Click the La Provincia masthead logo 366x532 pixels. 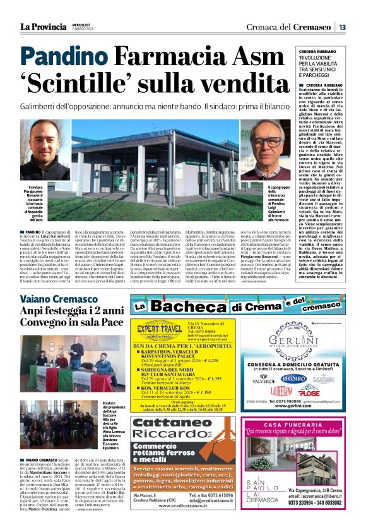pos(43,27)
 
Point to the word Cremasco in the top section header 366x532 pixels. pos(310,27)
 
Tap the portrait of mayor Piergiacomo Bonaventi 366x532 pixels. pos(45,148)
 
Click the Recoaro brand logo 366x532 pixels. pos(293,378)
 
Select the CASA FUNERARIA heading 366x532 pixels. pos(293,425)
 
